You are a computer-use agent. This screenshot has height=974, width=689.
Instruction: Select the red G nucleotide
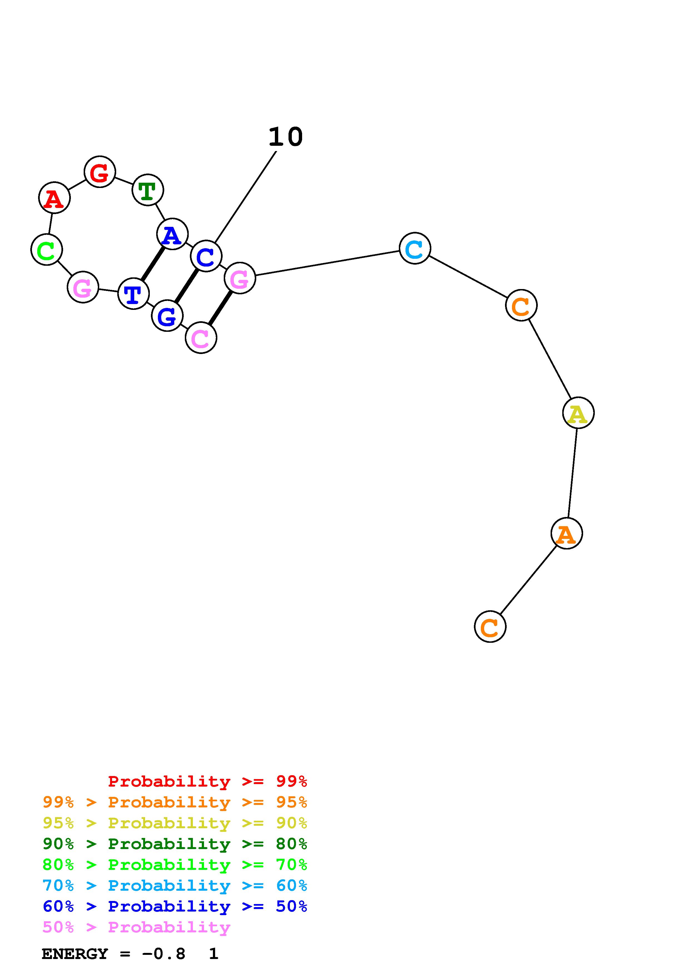click(100, 172)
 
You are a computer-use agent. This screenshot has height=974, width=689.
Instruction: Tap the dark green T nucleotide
click(148, 190)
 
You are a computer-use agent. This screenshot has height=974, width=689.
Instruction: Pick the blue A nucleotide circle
click(172, 234)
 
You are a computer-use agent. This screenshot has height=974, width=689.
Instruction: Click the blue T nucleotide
click(133, 293)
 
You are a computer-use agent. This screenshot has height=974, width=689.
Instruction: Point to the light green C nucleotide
click(47, 249)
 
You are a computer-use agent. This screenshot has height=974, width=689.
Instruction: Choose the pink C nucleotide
click(201, 338)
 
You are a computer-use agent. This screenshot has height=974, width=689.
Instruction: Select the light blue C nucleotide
click(415, 248)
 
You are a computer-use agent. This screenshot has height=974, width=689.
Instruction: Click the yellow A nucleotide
click(578, 413)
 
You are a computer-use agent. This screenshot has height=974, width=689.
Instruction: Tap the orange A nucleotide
click(566, 533)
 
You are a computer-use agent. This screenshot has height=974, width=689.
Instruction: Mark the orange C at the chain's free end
click(490, 627)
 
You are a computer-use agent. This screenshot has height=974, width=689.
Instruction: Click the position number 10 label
click(286, 137)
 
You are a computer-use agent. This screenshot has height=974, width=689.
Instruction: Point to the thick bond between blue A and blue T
click(153, 263)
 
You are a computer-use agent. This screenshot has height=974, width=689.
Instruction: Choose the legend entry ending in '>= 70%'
click(175, 864)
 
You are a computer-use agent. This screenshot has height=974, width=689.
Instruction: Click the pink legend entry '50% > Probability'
click(136, 927)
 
